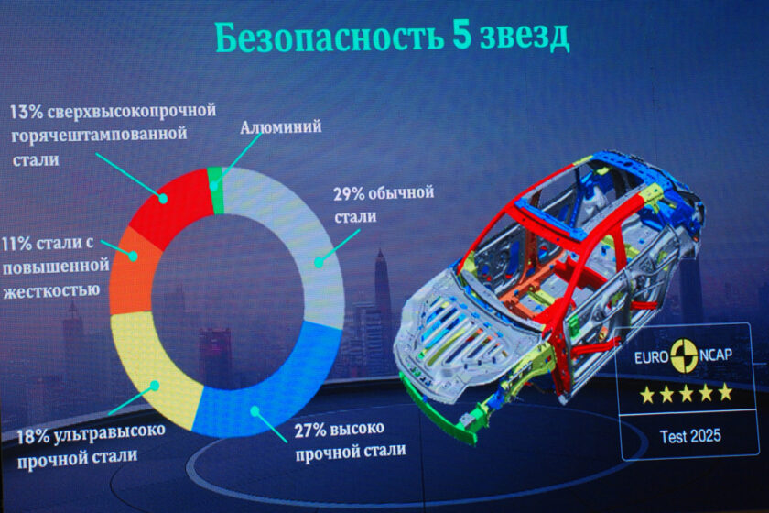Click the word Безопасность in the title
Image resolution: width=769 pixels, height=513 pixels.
click(329, 38)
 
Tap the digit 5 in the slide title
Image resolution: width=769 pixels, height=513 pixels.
click(461, 36)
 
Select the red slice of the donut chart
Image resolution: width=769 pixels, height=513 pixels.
click(169, 206)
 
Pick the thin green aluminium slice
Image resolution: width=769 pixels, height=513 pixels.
click(215, 191)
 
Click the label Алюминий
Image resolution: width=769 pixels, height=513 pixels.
click(280, 126)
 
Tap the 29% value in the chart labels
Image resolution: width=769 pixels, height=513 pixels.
click(349, 194)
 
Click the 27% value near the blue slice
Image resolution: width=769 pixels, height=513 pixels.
click(310, 431)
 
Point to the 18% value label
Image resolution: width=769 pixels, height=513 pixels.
click(33, 436)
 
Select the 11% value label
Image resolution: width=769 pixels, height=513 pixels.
click(16, 244)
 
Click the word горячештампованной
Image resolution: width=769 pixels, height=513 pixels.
click(99, 135)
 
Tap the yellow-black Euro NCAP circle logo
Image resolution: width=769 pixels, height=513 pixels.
click(684, 355)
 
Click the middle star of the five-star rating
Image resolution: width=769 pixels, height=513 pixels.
click(686, 394)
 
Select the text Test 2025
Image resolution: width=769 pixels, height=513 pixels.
click(690, 436)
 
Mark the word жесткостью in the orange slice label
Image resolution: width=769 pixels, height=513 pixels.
click(52, 290)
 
